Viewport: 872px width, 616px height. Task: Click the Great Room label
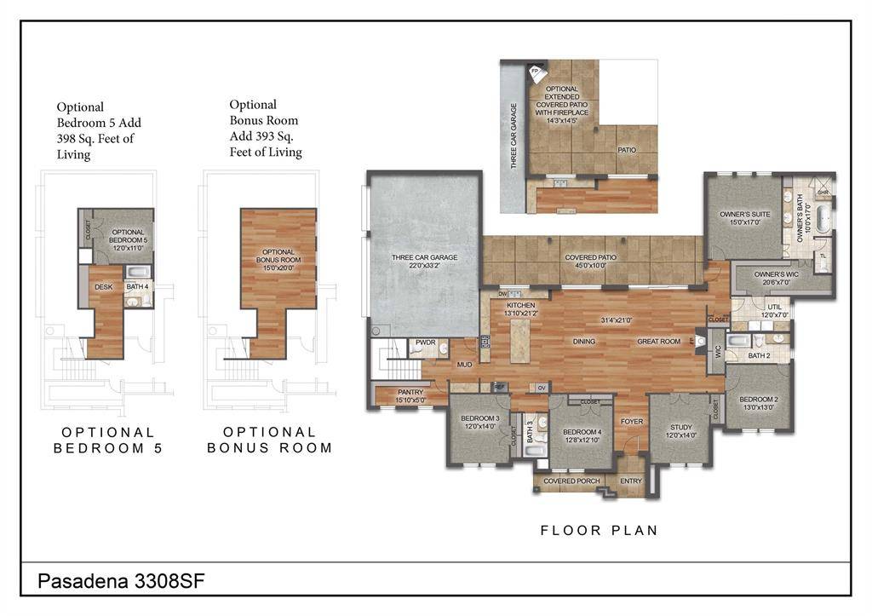tap(659, 342)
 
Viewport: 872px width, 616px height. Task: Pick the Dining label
tap(584, 342)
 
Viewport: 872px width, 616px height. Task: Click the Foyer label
tap(631, 422)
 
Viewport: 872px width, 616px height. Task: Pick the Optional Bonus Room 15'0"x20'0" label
tap(278, 256)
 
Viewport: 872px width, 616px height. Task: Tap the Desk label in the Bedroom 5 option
tap(104, 287)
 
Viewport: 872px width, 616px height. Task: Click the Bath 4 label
tap(138, 287)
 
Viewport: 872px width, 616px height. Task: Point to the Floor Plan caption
tap(599, 531)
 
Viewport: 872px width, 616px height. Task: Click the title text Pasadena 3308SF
tap(121, 581)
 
